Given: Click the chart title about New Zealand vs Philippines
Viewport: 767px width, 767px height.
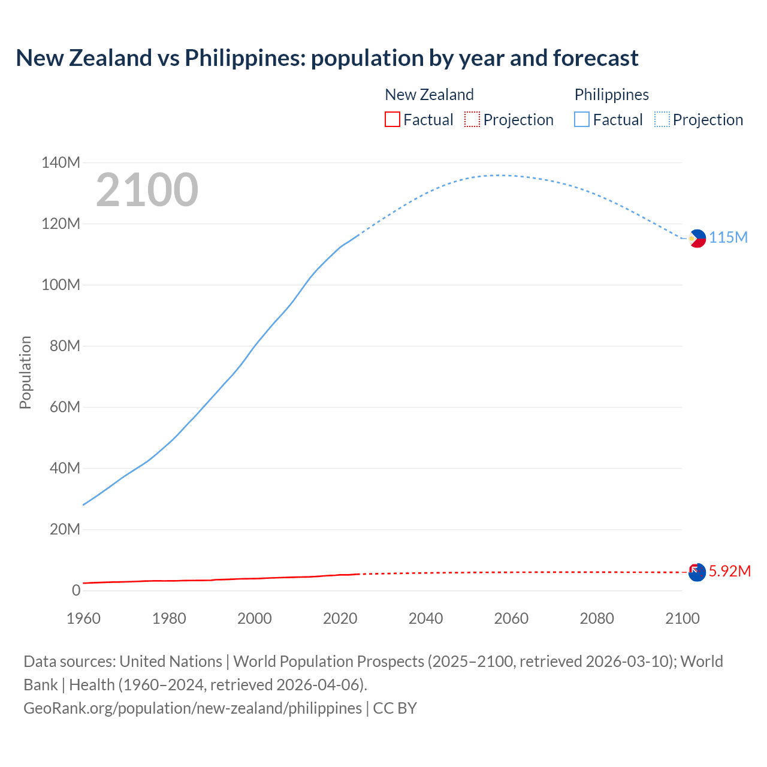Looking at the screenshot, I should [327, 58].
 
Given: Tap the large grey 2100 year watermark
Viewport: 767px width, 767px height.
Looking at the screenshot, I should [147, 190].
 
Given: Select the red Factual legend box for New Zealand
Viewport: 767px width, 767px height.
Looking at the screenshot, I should [392, 119].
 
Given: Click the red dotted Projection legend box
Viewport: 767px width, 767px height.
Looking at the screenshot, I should [472, 119].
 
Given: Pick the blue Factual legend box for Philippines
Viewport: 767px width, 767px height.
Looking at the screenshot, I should [581, 119].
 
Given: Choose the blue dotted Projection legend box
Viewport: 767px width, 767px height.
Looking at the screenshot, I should [662, 119].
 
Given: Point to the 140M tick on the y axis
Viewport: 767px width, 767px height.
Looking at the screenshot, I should [61, 162].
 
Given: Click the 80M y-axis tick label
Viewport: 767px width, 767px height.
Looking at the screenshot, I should [61, 346].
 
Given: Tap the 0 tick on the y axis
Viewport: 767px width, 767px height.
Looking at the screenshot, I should [76, 590].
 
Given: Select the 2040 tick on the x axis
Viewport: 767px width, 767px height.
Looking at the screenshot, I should [425, 618].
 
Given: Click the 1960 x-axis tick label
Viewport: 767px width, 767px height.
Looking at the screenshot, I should [83, 618].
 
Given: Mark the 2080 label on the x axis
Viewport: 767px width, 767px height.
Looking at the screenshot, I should [596, 618].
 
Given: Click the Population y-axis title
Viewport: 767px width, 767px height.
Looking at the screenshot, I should [25, 372].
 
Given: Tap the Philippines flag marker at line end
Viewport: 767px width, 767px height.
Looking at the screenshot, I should [697, 238].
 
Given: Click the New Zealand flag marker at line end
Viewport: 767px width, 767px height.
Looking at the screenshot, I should [697, 572].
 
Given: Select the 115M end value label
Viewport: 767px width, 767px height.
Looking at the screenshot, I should [728, 237].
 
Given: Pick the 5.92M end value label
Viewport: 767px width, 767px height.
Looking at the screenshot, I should [729, 571].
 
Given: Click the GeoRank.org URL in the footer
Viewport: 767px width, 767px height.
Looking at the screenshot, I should [193, 708].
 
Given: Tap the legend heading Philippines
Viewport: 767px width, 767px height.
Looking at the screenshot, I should [611, 95].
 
